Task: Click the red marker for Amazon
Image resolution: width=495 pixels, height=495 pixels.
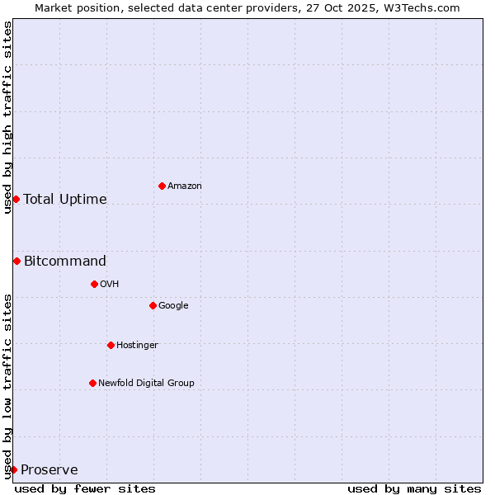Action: pyautogui.click(x=162, y=186)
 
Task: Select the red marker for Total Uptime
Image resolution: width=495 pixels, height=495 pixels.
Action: pyautogui.click(x=16, y=199)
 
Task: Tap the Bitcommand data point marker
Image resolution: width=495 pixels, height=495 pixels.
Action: pyautogui.click(x=16, y=261)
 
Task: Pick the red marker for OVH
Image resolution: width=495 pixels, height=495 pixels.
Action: pyautogui.click(x=94, y=284)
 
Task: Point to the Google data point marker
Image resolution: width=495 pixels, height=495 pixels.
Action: pyautogui.click(x=153, y=305)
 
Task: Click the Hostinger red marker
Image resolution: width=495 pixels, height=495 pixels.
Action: pyautogui.click(x=111, y=345)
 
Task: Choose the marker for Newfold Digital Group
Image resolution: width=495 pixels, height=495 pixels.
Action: pyautogui.click(x=92, y=383)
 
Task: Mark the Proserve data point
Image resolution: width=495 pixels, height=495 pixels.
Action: pyautogui.click(x=13, y=469)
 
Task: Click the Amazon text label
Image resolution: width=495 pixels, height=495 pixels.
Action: pyautogui.click(x=185, y=186)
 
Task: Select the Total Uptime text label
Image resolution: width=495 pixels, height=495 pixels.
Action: pyautogui.click(x=65, y=200)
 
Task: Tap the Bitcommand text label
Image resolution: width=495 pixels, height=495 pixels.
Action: pyautogui.click(x=65, y=262)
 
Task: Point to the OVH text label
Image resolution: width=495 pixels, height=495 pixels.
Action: pyautogui.click(x=110, y=285)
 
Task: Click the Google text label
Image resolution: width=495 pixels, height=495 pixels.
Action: pyautogui.click(x=173, y=306)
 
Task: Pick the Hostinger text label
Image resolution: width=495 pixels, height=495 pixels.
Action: pyautogui.click(x=137, y=346)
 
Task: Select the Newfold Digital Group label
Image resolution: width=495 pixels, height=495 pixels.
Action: pyautogui.click(x=147, y=384)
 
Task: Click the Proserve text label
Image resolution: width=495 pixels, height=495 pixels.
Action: pyautogui.click(x=49, y=470)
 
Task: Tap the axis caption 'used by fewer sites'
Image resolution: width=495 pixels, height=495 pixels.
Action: pyautogui.click(x=85, y=489)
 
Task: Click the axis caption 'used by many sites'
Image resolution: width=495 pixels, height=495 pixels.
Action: pyautogui.click(x=414, y=489)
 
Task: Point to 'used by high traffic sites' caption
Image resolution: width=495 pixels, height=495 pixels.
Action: pyautogui.click(x=7, y=117)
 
